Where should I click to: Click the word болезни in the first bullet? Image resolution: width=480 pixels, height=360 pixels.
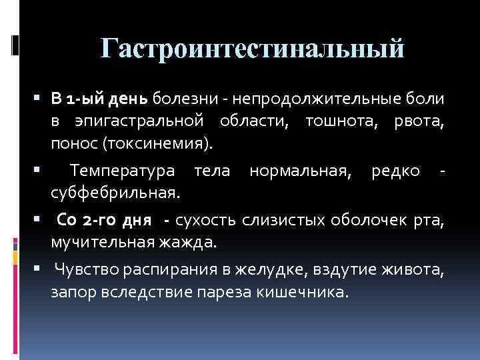click(x=175, y=99)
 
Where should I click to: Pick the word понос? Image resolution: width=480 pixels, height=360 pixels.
click(x=71, y=143)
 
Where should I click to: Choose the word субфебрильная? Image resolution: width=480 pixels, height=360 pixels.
click(x=115, y=193)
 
